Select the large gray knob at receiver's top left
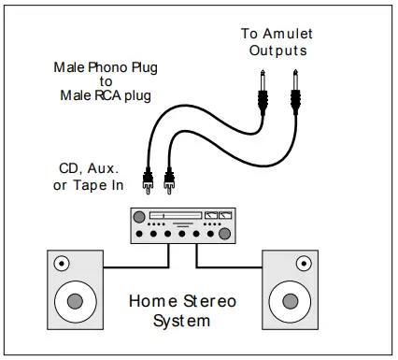click(x=141, y=217)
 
